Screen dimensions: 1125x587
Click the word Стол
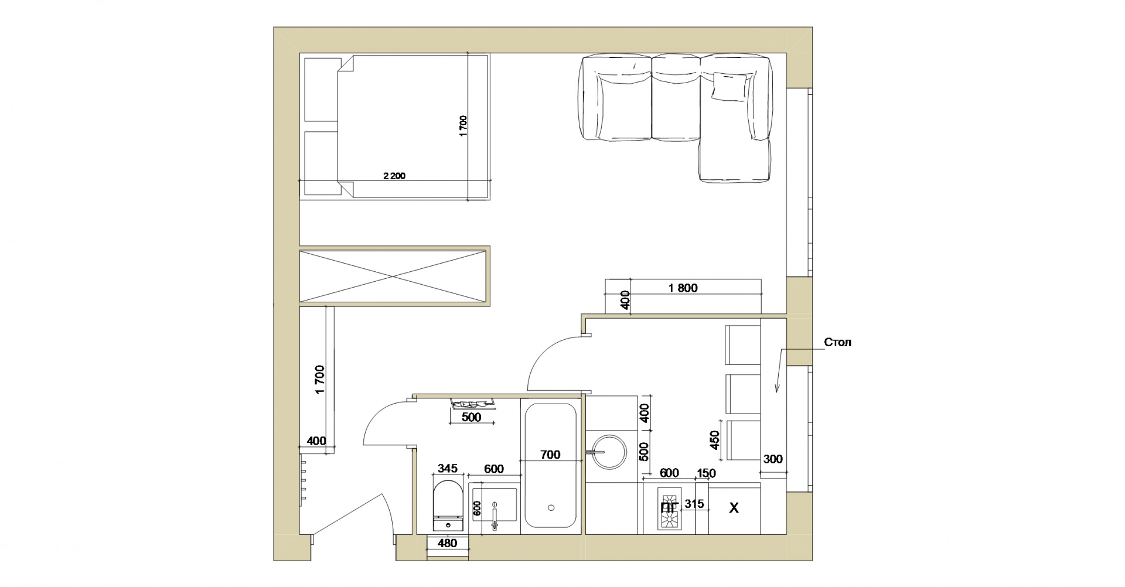[837, 342]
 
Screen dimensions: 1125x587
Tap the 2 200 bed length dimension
[394, 176]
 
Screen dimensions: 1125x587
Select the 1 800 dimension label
[683, 288]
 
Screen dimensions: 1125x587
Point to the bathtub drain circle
[551, 508]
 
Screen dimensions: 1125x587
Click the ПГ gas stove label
[669, 507]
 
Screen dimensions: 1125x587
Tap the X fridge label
[733, 508]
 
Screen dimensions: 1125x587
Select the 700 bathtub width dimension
[550, 454]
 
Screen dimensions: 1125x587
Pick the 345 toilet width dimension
[447, 469]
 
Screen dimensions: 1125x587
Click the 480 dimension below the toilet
[447, 543]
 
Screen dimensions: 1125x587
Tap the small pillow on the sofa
[730, 87]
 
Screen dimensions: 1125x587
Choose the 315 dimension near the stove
[694, 504]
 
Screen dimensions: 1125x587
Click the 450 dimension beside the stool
[714, 440]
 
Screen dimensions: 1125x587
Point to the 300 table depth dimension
[773, 459]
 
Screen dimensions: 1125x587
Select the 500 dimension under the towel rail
[471, 417]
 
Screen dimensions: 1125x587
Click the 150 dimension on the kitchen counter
[705, 473]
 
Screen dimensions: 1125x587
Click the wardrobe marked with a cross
[393, 277]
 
